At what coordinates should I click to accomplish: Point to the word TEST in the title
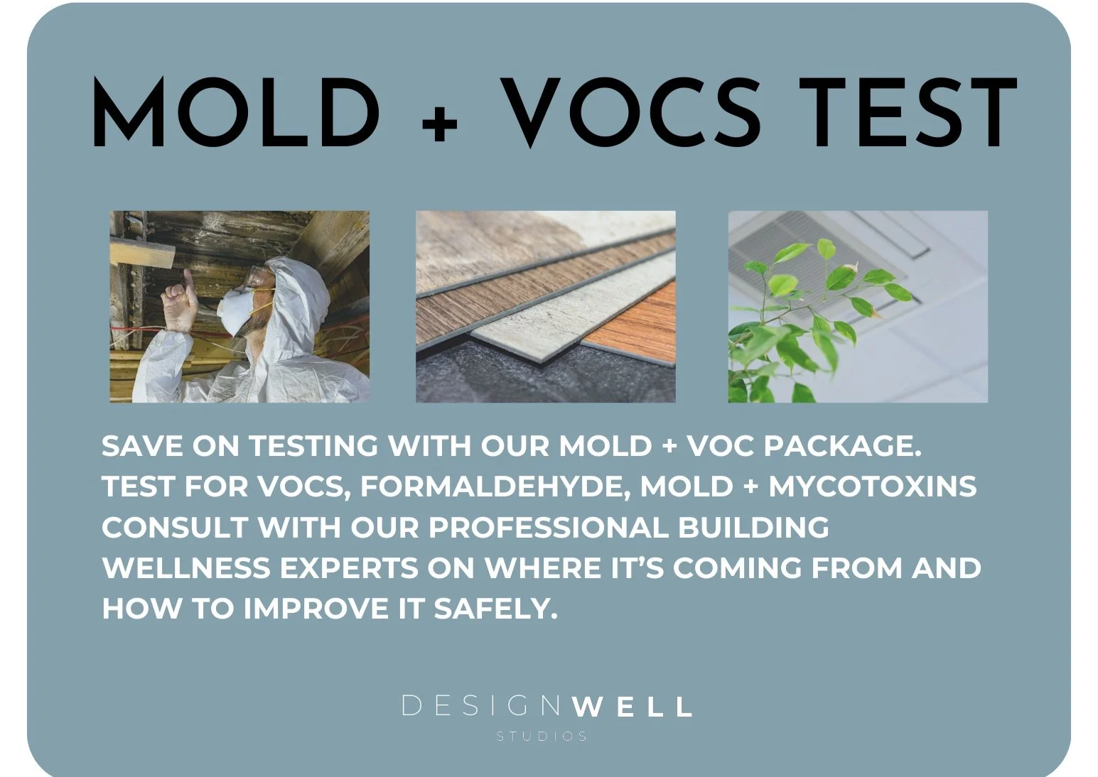pos(908,112)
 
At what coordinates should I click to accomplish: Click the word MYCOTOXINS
pos(873,487)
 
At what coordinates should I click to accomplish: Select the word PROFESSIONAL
pos(549,528)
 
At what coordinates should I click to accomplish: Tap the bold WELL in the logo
pos(631,707)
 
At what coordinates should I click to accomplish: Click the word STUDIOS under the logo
pos(542,737)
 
